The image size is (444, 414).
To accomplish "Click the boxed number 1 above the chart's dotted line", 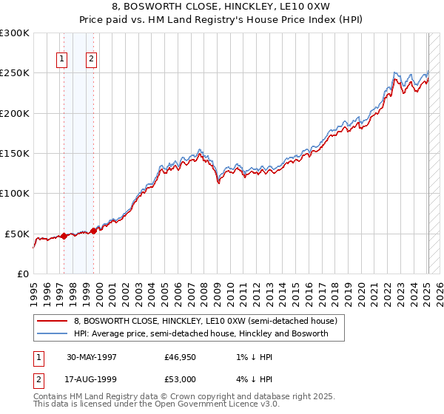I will coord(61,60).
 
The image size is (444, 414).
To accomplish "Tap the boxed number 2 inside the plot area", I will coord(91,60).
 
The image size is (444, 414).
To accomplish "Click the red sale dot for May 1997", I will coord(64,236).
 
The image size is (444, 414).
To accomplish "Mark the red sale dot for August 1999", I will coord(94,231).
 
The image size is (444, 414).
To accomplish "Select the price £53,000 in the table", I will coord(181,379).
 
